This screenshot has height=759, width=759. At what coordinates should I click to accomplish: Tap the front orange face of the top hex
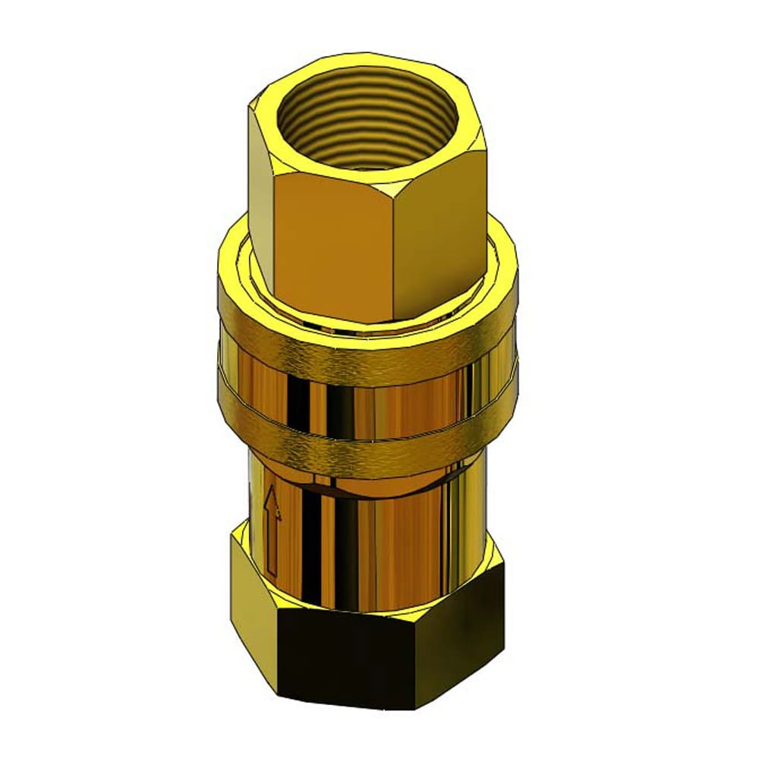334,243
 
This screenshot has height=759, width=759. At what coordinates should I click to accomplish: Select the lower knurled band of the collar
364,448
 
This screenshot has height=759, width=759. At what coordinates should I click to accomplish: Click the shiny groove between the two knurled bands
364,402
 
